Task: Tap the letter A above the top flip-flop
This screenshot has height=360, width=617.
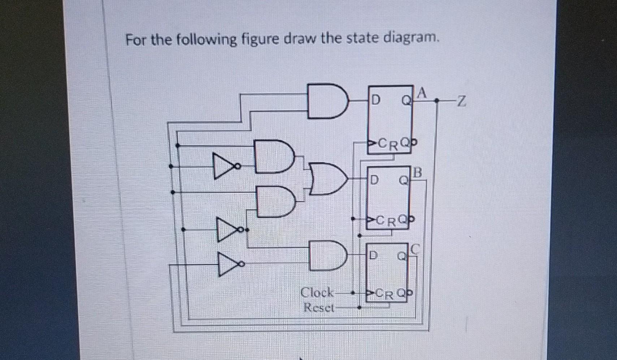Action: point(422,93)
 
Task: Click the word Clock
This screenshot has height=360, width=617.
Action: point(317,292)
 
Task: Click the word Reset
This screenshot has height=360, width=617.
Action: point(319,308)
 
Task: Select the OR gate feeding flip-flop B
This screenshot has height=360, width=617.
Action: point(329,178)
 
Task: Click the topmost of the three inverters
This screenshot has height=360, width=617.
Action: point(224,166)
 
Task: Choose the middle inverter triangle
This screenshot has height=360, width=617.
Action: point(227,229)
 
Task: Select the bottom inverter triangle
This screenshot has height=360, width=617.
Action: point(228,264)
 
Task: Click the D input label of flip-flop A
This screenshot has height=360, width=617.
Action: point(376,100)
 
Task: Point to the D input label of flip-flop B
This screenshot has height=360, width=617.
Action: point(375,179)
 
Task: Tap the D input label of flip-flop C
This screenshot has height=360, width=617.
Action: point(373,256)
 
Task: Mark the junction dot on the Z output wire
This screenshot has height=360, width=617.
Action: point(436,101)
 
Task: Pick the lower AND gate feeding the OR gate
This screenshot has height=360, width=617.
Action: point(275,201)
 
